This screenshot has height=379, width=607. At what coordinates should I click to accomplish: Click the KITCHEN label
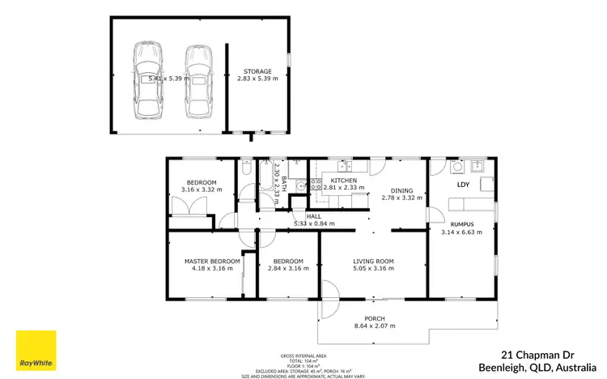pos(343,180)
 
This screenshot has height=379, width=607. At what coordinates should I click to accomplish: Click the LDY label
pos(463,185)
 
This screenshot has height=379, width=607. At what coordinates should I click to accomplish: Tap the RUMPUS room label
pos(462,224)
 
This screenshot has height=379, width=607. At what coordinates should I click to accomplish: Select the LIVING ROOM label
pos(372,261)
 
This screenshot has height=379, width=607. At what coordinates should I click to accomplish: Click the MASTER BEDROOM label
pos(212,261)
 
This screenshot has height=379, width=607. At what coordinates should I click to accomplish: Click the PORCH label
pos(374,318)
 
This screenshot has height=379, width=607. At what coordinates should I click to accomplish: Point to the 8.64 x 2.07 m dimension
pos(374,326)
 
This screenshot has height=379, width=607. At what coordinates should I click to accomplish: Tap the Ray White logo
pos(36,351)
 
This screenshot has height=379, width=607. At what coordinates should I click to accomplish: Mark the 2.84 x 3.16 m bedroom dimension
pos(287,268)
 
